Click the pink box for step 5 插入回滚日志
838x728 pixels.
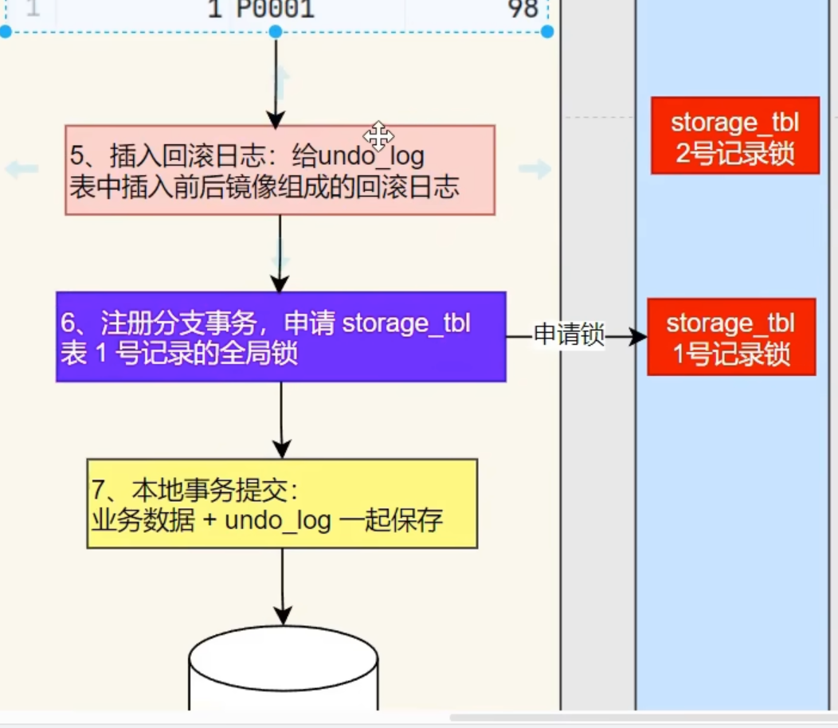[x=280, y=170]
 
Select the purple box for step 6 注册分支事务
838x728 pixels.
[x=280, y=337]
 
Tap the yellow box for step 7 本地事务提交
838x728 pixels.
[x=282, y=503]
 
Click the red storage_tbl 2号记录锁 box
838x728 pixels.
[x=734, y=135]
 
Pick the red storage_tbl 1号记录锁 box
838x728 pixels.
[x=731, y=337]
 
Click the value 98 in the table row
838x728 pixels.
[x=522, y=10]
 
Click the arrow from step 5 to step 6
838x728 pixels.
[x=280, y=253]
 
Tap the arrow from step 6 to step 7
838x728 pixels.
[x=281, y=420]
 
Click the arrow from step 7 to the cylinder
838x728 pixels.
[x=283, y=586]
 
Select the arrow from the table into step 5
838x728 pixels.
[x=276, y=80]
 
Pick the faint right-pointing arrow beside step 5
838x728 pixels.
[x=535, y=169]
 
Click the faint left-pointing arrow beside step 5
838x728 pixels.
[x=22, y=169]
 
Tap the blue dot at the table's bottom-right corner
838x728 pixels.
[x=547, y=31]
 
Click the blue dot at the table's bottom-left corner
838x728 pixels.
[x=6, y=31]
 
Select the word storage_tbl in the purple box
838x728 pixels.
[x=406, y=323]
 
